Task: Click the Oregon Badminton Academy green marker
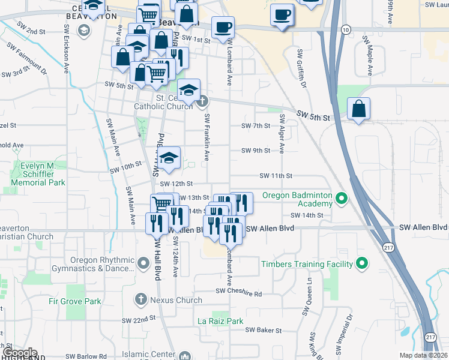tap(342, 197)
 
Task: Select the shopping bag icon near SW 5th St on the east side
tap(358, 109)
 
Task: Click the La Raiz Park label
tap(221, 321)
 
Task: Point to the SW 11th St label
tap(276, 176)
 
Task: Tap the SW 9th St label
tap(256, 151)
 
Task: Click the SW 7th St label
tap(256, 126)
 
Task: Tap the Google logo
tap(19, 353)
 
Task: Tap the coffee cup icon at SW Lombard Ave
tap(223, 27)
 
